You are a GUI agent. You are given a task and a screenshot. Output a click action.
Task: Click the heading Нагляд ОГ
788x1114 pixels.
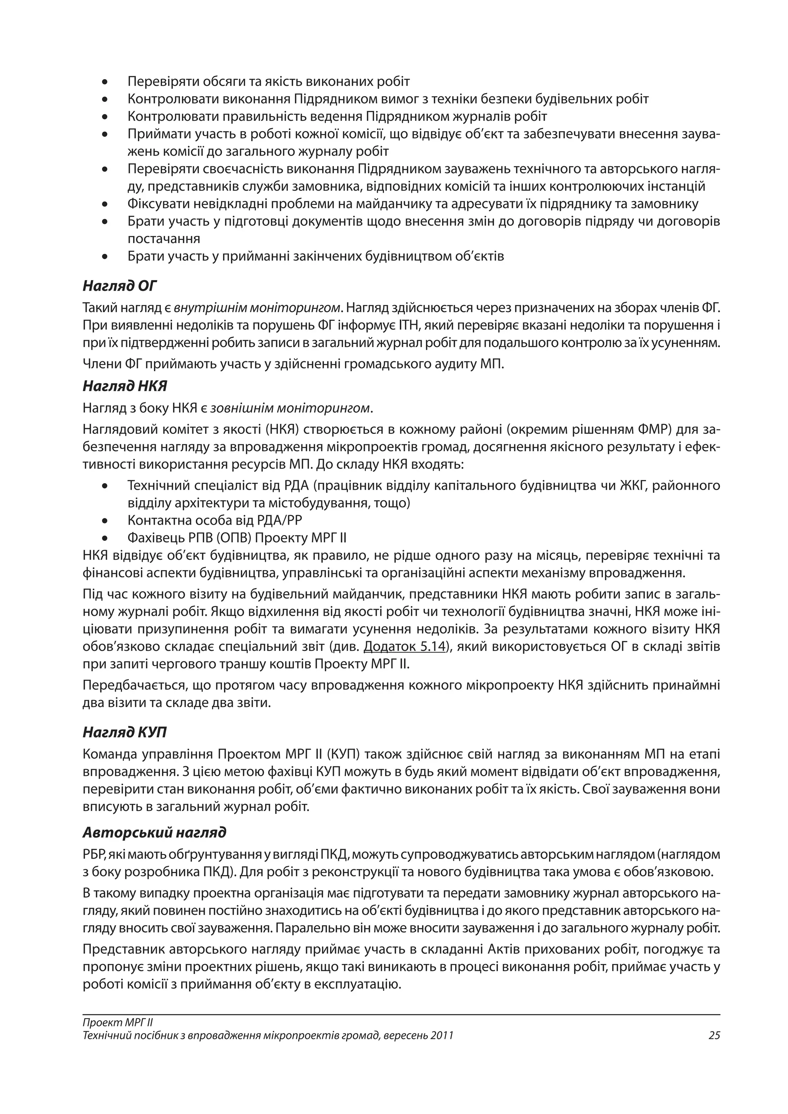(120, 286)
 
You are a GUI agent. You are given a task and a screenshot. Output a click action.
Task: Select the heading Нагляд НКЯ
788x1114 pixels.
(125, 386)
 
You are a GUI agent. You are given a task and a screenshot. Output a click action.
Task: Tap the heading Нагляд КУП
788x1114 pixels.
(125, 732)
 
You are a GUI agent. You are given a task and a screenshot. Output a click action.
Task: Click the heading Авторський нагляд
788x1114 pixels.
(154, 832)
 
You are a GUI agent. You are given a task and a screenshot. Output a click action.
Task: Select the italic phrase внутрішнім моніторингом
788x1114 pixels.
(257, 308)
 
